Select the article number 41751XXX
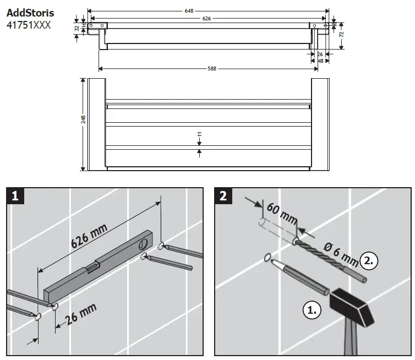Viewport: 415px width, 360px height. [x=30, y=24]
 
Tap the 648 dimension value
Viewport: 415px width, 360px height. [x=206, y=10]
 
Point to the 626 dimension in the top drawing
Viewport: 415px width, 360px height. [x=206, y=18]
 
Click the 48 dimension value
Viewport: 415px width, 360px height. [x=320, y=61]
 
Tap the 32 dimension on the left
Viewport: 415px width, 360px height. [x=77, y=30]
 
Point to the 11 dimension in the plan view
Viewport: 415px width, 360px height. [x=199, y=134]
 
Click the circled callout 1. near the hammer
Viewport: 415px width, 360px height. [x=312, y=310]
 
